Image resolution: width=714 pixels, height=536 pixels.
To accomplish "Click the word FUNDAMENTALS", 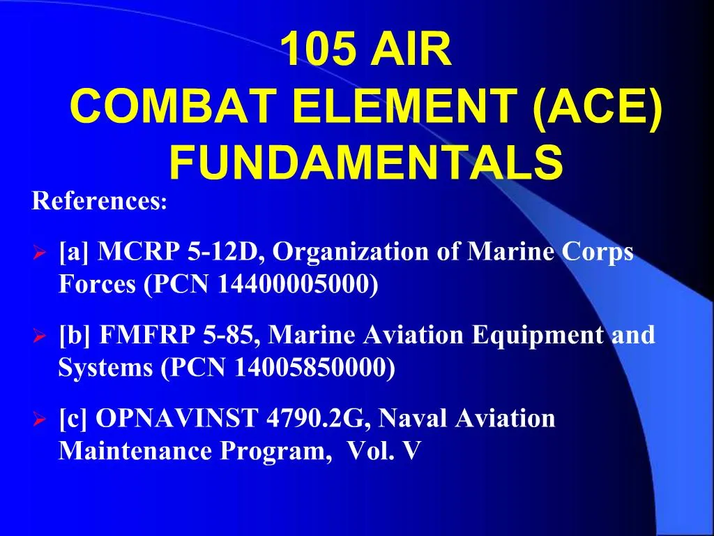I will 366,162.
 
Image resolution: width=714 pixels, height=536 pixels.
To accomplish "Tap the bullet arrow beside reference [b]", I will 40,336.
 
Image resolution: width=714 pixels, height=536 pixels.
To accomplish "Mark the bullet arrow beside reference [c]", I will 40,420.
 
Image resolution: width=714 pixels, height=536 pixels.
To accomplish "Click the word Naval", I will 416,419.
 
